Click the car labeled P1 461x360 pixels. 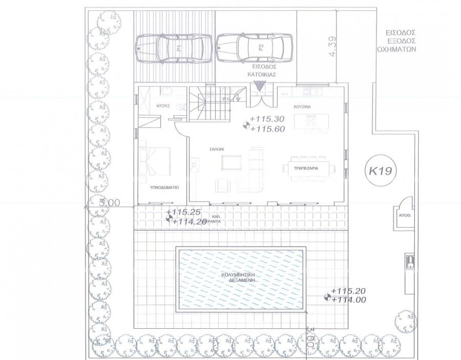tap(174, 49)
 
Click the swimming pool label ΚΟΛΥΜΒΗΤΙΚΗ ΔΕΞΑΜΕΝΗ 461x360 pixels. tap(239, 278)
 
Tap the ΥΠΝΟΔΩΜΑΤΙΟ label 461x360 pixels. tap(164, 188)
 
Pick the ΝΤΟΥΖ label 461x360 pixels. tap(164, 106)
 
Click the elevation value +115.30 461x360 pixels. tap(267, 119)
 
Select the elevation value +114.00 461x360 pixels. tap(348, 300)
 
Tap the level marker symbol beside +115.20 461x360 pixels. tap(326, 296)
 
